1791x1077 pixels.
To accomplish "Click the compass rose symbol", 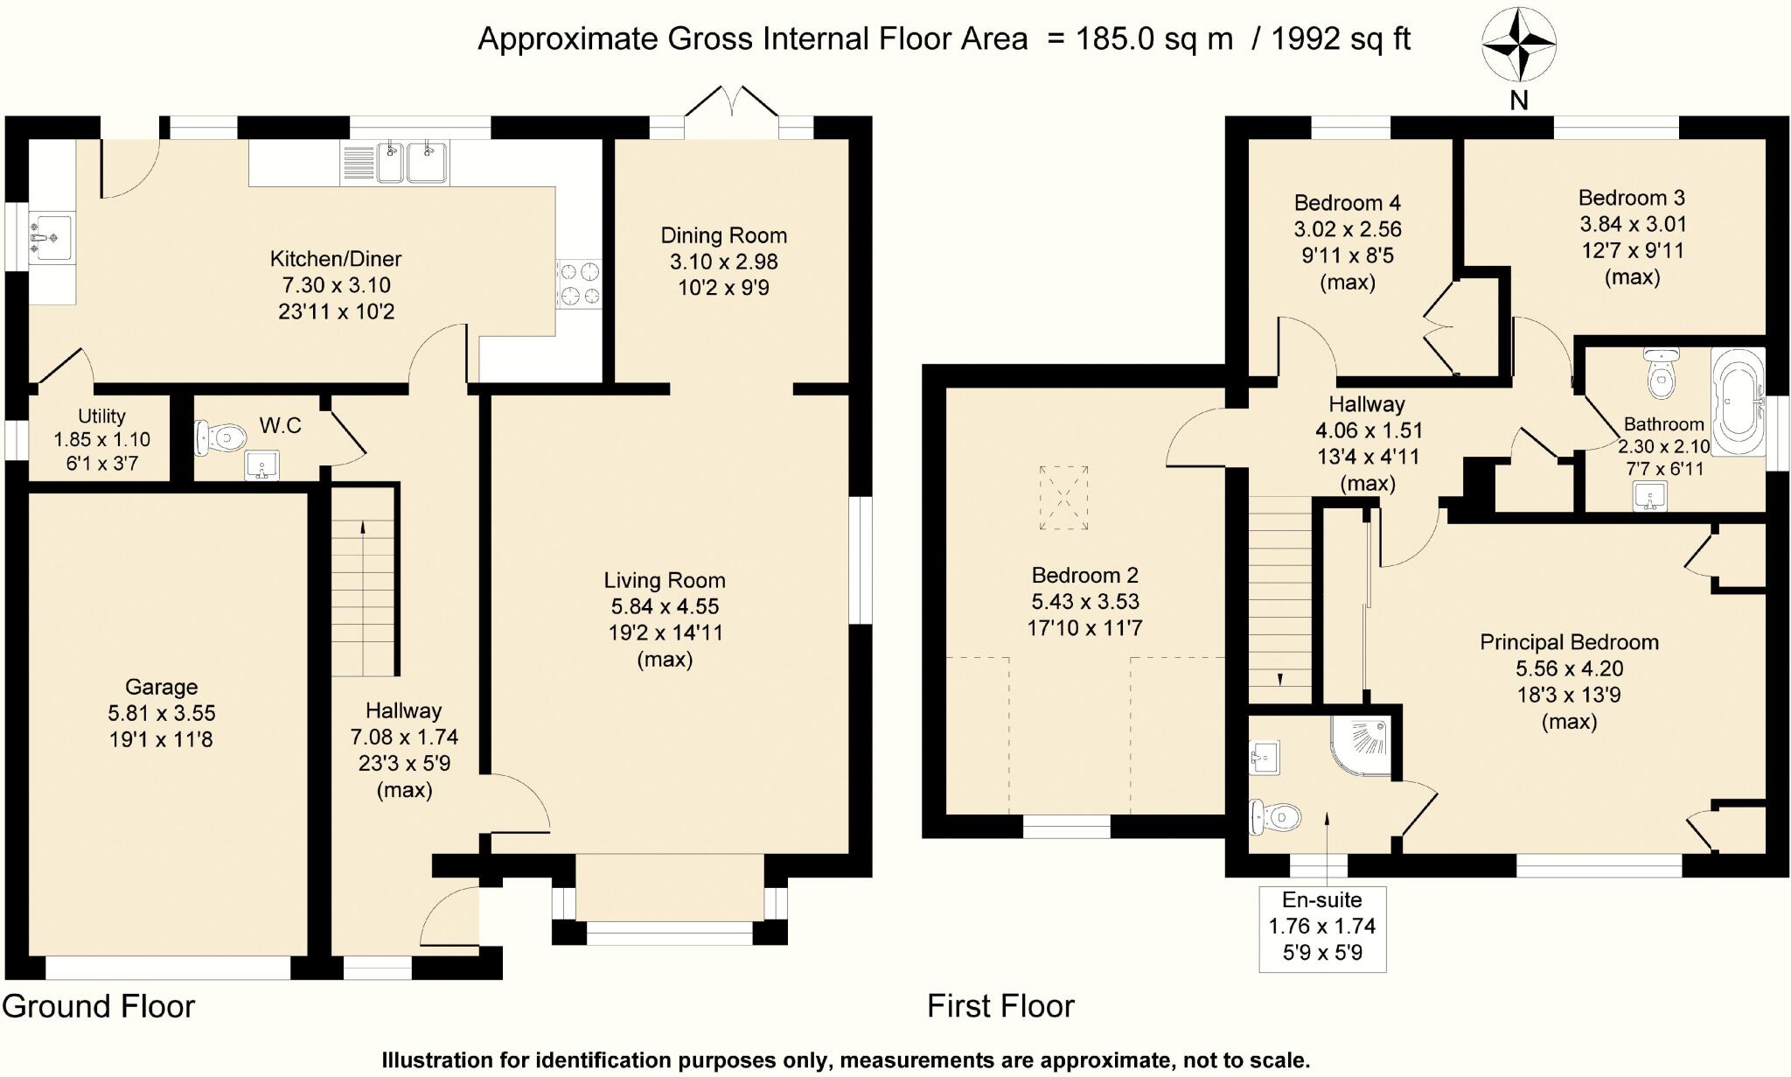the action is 1519,43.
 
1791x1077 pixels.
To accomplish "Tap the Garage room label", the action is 161,688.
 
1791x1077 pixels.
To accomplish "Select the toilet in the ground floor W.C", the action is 220,437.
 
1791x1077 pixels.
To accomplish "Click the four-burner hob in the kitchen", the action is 580,284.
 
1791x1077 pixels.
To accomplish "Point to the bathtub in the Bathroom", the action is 1739,402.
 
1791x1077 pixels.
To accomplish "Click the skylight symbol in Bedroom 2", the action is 1064,497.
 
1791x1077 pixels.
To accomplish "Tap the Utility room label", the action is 101,416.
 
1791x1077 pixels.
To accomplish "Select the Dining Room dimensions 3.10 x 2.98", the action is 723,262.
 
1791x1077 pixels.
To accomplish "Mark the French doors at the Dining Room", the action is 731,112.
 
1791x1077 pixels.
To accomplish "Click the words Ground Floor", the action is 98,1007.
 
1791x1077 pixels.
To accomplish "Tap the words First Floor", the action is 1000,1007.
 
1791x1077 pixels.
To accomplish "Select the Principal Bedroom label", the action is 1569,642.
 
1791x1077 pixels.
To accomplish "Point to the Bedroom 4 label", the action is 1347,203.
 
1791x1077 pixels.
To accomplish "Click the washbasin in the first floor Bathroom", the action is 1649,497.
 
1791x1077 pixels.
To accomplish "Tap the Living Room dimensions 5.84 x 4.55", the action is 665,606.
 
